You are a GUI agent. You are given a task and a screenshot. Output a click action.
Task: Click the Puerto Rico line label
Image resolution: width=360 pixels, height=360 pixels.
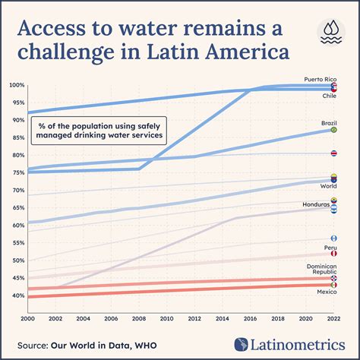[320, 79]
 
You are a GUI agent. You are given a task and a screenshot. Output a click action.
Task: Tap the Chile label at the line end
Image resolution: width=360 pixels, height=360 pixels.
[330, 96]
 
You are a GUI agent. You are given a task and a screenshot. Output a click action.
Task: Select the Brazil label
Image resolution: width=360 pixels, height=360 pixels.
[328, 122]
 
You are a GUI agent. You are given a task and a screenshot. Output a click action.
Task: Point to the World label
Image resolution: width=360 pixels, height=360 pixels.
[328, 186]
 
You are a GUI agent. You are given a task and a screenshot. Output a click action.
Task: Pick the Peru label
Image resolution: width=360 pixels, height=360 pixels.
[330, 248]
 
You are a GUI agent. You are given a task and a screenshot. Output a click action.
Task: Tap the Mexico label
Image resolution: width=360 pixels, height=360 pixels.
[327, 292]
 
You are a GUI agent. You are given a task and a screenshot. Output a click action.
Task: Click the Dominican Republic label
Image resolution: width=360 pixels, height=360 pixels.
[321, 269]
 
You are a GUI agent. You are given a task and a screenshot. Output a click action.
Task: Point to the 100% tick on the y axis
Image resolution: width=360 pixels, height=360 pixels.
[15, 84]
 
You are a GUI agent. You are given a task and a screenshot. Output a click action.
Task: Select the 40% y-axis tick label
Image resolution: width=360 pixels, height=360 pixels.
[17, 295]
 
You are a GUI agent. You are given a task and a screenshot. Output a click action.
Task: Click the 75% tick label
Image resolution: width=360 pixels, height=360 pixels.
[17, 172]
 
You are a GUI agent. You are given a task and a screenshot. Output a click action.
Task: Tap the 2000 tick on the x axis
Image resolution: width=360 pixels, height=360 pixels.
[28, 319]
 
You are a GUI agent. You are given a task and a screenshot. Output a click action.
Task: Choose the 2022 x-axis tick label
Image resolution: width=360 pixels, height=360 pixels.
[333, 319]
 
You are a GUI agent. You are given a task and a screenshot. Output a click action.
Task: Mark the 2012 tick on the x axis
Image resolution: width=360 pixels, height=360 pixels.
[194, 319]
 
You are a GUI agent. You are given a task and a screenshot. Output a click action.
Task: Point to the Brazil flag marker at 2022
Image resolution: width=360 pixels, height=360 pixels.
[334, 130]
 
